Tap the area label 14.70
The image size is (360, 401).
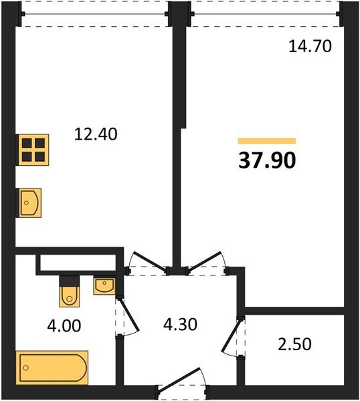310,47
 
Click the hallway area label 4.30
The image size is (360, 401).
181,327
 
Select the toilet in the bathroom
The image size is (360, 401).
69,291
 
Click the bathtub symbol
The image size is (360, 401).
52,367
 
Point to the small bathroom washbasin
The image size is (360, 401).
104,287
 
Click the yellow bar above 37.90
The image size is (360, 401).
266,141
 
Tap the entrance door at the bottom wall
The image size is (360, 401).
183,386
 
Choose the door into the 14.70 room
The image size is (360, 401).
207,263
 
